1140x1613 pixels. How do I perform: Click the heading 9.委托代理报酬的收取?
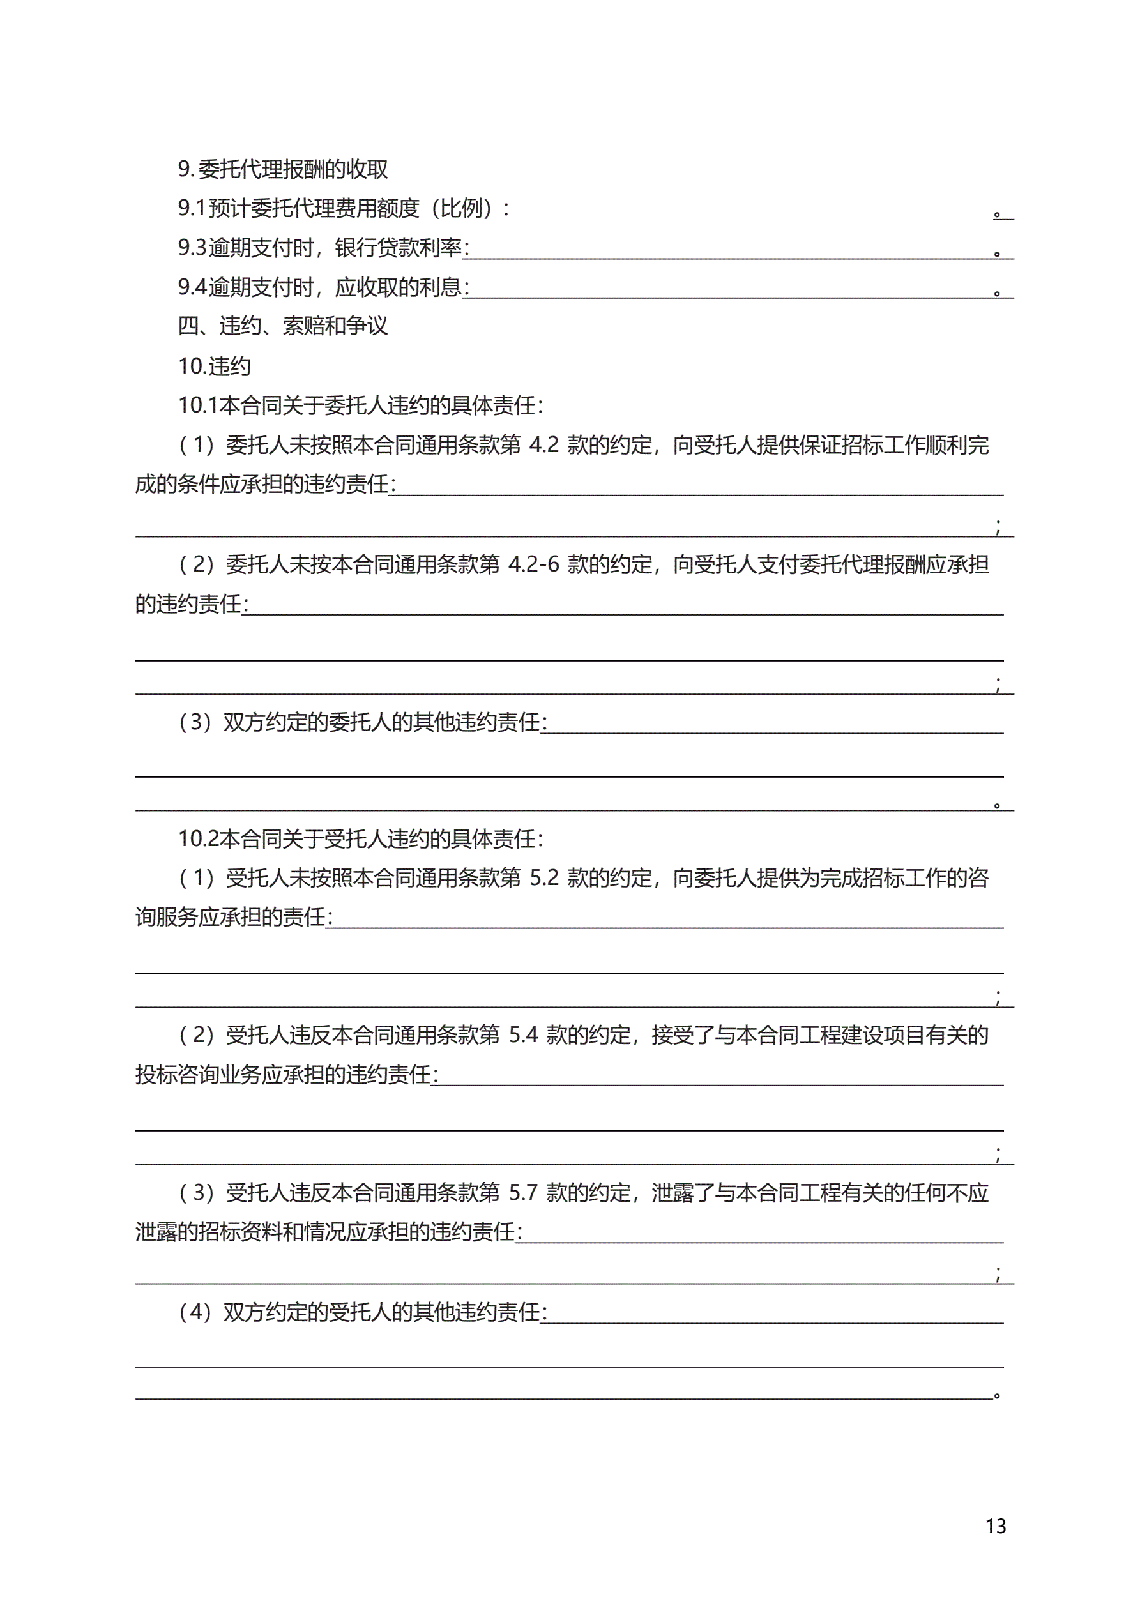click(x=282, y=169)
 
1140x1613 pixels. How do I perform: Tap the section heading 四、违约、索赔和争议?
click(x=282, y=326)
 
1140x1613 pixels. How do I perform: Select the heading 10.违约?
click(x=215, y=366)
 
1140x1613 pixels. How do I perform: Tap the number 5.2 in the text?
click(x=544, y=878)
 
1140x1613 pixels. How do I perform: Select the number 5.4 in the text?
click(x=523, y=1036)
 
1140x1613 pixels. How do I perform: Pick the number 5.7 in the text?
click(x=523, y=1193)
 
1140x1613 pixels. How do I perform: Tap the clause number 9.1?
click(x=192, y=209)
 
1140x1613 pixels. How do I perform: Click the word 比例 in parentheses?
click(x=461, y=209)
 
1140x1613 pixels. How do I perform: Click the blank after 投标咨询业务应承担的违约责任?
click(x=717, y=1076)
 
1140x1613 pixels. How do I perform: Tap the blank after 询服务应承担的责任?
click(x=664, y=919)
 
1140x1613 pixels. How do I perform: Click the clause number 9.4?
click(x=192, y=287)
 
